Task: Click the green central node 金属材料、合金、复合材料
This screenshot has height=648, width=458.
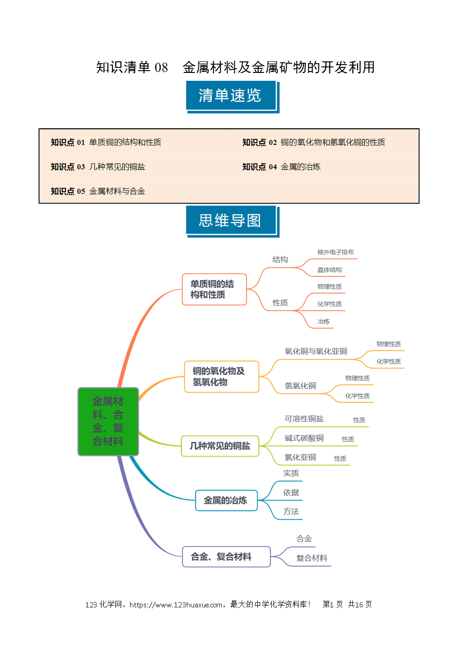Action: coord(108,421)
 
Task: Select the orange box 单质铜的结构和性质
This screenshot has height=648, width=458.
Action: coord(214,289)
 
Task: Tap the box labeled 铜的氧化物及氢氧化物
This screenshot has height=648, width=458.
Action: coord(222,377)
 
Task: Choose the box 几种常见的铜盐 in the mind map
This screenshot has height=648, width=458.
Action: coord(220,446)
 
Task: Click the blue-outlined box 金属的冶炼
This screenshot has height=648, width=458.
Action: coord(226,500)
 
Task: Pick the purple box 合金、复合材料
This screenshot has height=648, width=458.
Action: coord(226,557)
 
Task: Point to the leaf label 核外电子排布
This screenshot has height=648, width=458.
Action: coord(335,252)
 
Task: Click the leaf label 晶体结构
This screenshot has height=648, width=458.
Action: coord(330,270)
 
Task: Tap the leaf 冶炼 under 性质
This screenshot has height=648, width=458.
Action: coord(323,321)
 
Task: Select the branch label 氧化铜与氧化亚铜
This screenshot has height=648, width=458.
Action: coord(316,351)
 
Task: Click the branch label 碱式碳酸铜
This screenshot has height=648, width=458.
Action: coord(304,438)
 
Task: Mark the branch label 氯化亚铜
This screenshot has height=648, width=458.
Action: coord(300,457)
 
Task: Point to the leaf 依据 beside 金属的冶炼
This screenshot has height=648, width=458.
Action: coord(291,492)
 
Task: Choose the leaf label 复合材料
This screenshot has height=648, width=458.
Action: coord(312,558)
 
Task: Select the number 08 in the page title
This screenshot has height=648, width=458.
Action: coord(161,68)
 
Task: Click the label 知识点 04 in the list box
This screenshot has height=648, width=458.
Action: coord(259,167)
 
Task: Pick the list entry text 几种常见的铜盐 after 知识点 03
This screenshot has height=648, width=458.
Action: coord(117,167)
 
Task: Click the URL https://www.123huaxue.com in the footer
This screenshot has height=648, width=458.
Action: coord(176,605)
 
